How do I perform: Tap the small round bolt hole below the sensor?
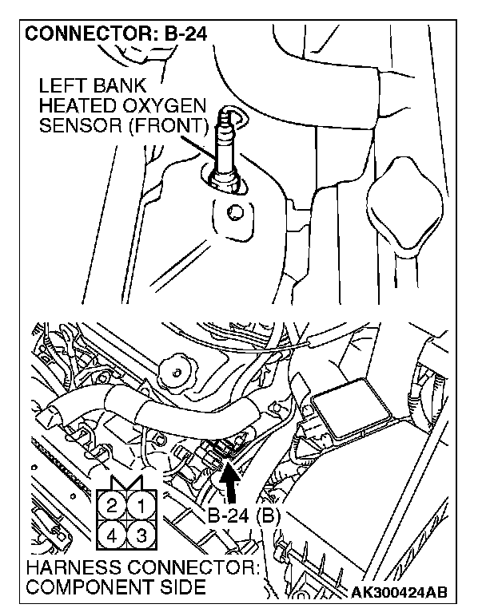coord(233,213)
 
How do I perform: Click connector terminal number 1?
coord(139,504)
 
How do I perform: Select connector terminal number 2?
coord(113,504)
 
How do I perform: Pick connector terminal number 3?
coord(139,532)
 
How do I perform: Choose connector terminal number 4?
coord(113,532)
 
